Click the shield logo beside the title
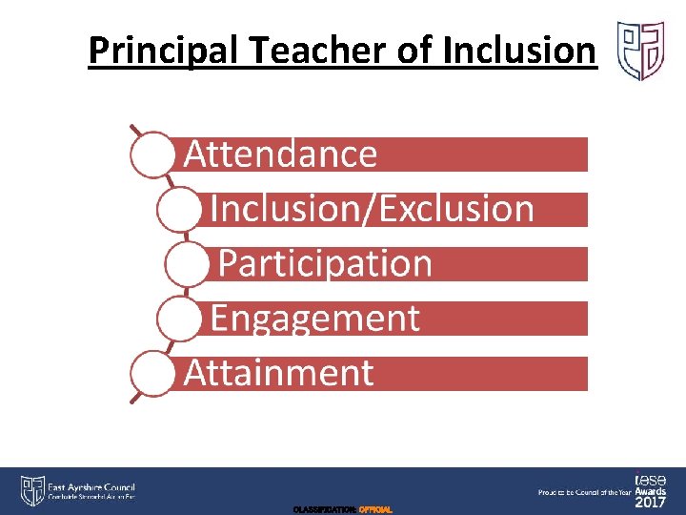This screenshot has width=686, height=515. (641, 51)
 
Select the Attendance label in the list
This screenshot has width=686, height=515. (280, 154)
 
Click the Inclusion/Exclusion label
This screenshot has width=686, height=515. (372, 208)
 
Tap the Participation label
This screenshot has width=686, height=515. (325, 263)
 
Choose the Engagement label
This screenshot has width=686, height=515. (314, 318)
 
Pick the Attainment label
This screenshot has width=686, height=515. (278, 372)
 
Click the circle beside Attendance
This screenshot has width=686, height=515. (152, 154)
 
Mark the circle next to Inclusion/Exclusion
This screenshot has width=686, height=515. (178, 210)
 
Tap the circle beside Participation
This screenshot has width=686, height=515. (188, 264)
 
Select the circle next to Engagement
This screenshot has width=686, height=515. (178, 319)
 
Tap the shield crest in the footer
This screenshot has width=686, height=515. (32, 490)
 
